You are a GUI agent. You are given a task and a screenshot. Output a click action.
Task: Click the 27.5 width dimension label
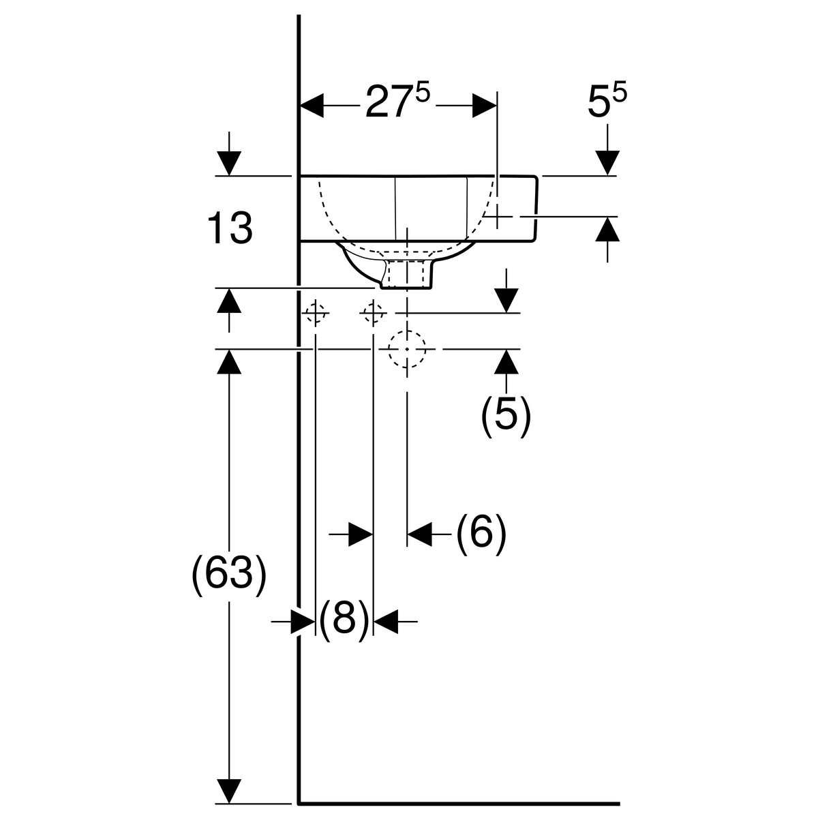398,102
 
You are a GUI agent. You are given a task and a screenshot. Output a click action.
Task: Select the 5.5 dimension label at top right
607,102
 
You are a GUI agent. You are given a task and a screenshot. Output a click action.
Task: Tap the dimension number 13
230,228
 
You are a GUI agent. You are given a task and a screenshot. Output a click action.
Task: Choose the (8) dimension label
344,619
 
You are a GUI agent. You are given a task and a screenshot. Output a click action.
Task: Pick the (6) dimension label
481,532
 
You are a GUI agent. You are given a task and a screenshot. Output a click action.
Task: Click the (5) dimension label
505,414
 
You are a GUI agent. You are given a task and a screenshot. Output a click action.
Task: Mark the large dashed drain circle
407,348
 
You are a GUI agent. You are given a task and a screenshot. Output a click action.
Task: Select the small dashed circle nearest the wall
315,314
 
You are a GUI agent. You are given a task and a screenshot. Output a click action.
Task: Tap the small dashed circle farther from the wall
372,314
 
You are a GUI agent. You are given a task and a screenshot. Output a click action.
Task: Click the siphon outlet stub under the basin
407,273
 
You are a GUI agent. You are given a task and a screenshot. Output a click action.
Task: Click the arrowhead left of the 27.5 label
312,106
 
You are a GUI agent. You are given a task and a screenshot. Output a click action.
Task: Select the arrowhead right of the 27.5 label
485,106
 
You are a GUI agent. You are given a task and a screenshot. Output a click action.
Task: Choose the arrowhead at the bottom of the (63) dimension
229,791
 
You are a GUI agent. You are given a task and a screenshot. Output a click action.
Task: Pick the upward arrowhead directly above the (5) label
506,361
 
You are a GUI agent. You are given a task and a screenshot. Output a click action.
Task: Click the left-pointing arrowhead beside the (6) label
420,533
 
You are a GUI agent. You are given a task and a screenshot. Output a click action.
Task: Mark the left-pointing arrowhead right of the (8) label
386,620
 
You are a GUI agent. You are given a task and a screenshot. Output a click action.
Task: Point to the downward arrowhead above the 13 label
229,163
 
